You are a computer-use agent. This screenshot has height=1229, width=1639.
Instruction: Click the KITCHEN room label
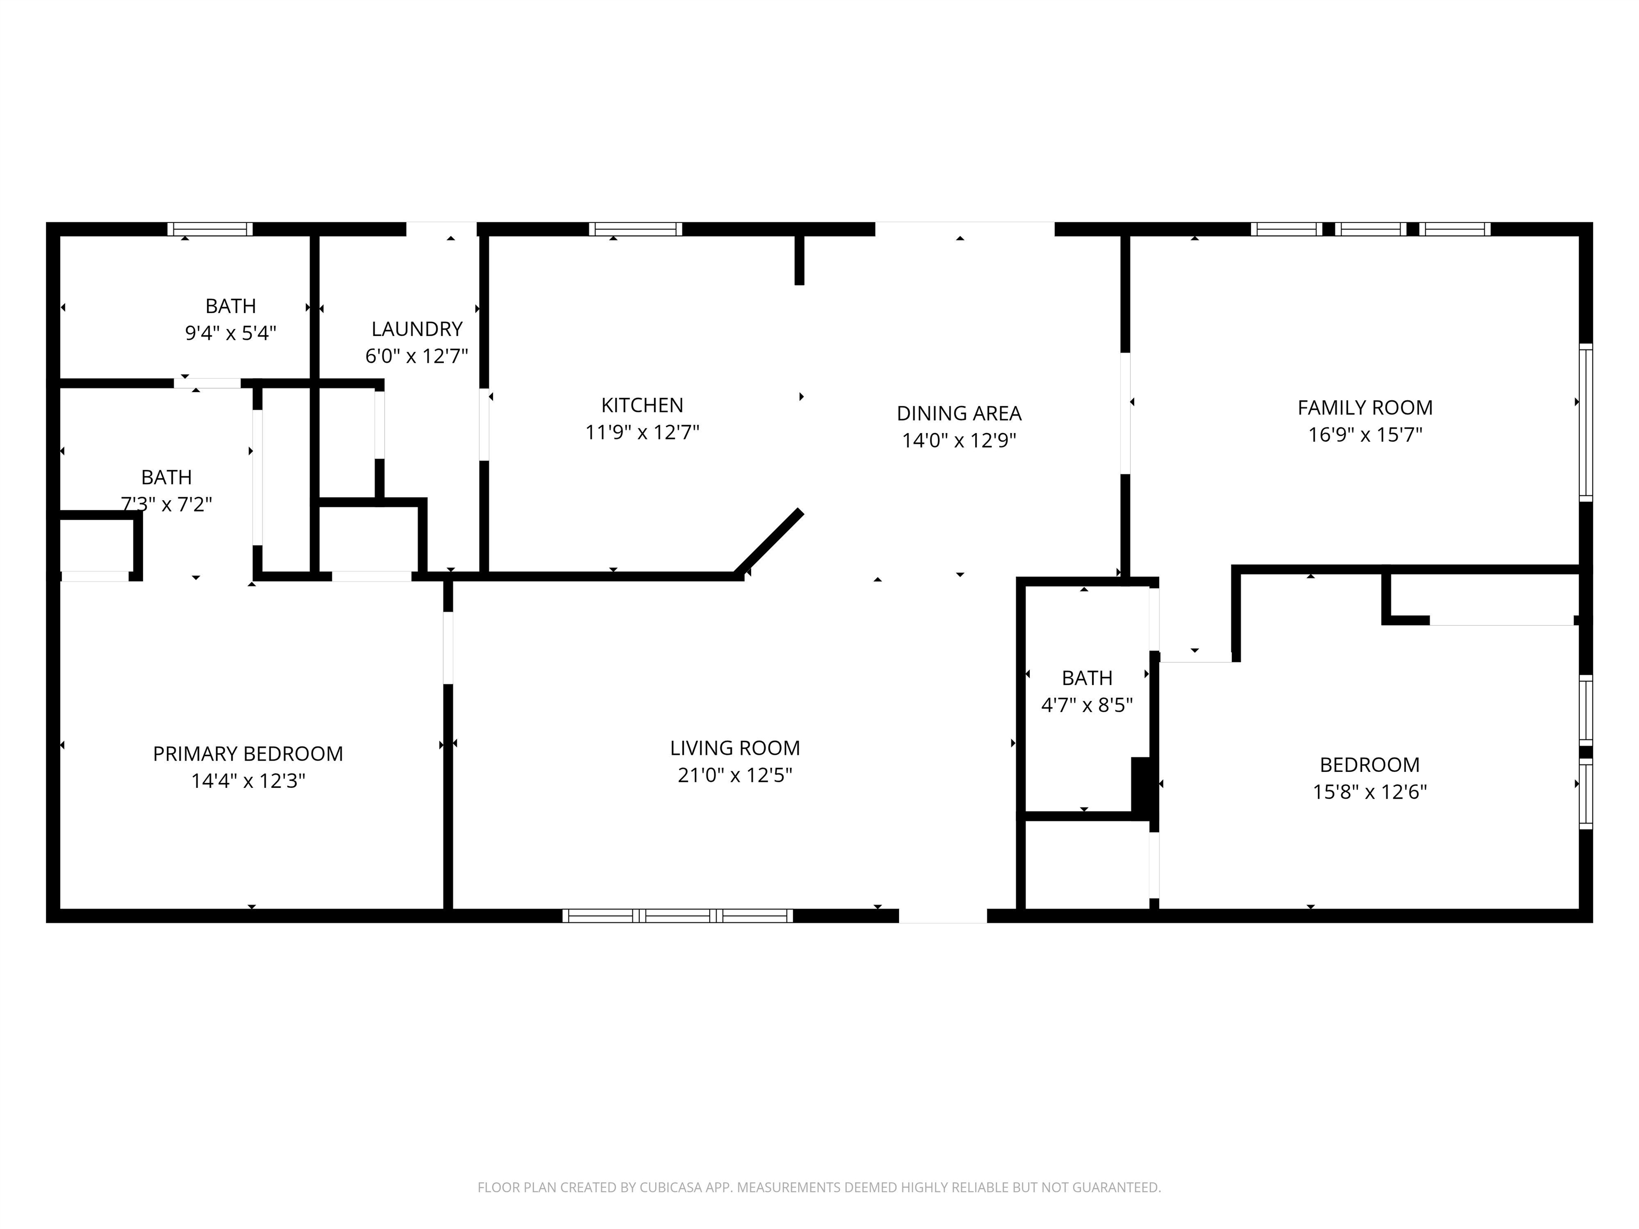[x=642, y=405]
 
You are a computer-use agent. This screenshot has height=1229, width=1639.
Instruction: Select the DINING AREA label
[x=959, y=413]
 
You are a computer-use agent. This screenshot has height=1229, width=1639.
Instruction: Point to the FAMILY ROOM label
[x=1365, y=408]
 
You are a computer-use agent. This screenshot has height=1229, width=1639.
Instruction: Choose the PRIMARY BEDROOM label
[x=248, y=754]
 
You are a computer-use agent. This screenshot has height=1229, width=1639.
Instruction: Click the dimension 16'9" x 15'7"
[x=1365, y=435]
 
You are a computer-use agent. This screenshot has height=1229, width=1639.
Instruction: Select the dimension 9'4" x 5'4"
[x=230, y=333]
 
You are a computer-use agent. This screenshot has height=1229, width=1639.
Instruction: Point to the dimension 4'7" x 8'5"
[x=1086, y=705]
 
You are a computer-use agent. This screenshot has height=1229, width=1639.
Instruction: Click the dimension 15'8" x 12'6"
[x=1369, y=792]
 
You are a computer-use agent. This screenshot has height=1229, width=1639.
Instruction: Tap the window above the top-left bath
[x=210, y=229]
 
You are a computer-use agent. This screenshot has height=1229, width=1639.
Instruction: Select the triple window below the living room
[x=677, y=916]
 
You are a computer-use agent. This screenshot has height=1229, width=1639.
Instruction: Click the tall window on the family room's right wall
[x=1586, y=422]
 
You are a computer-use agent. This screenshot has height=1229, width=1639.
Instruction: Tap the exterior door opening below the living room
[x=943, y=916]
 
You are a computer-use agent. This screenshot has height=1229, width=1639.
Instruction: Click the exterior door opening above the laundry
[x=441, y=229]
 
